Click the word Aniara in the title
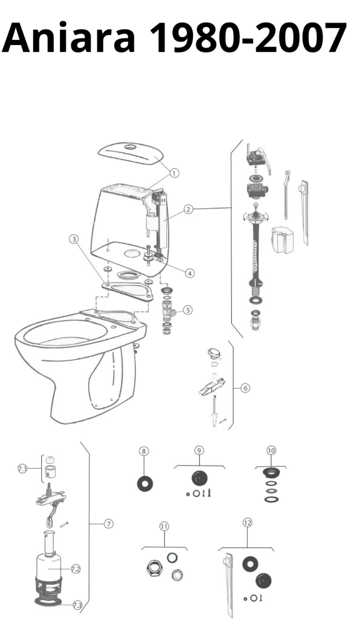pos(69,37)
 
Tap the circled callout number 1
pos(174,173)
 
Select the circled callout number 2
pos(187,209)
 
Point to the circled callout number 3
pos(74,239)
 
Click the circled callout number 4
pos(190,273)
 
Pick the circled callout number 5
pos(187,310)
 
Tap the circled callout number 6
pos(245,387)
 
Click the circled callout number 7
pos(109,524)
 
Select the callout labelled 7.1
pos(22,469)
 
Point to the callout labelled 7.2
pos(76,569)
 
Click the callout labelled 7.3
pos(77,605)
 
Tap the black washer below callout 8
pos(145,484)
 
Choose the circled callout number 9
pos(199,451)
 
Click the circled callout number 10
pos(271,451)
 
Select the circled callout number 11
pos(164,526)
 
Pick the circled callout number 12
pos(247,522)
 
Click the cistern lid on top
pos(131,154)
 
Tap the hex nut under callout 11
pos(154,568)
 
